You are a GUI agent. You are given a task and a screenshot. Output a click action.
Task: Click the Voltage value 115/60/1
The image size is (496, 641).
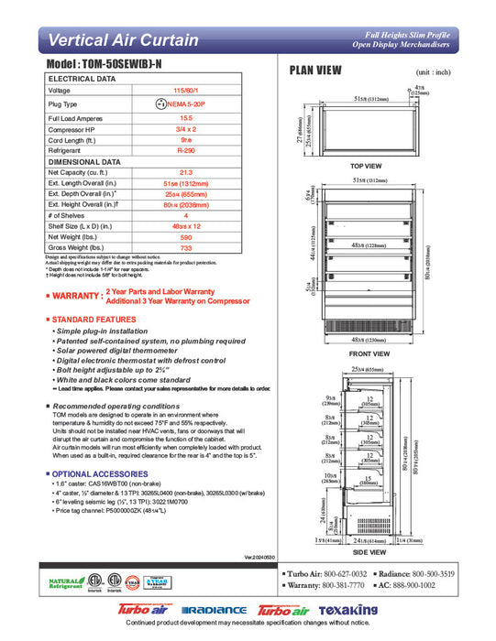tap(185, 91)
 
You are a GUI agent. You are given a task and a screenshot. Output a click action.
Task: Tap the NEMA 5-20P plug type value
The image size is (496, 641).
tap(185, 104)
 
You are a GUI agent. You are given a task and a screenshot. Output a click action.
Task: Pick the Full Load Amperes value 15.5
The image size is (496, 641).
tap(185, 118)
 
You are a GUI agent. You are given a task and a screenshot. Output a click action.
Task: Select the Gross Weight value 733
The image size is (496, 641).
tap(185, 248)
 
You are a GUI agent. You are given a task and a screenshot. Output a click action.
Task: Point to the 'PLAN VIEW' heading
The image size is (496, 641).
tap(316, 71)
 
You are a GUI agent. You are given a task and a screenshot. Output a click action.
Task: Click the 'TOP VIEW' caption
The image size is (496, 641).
tap(366, 166)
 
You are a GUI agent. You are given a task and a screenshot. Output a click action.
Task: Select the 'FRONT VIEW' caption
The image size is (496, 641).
tap(369, 353)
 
